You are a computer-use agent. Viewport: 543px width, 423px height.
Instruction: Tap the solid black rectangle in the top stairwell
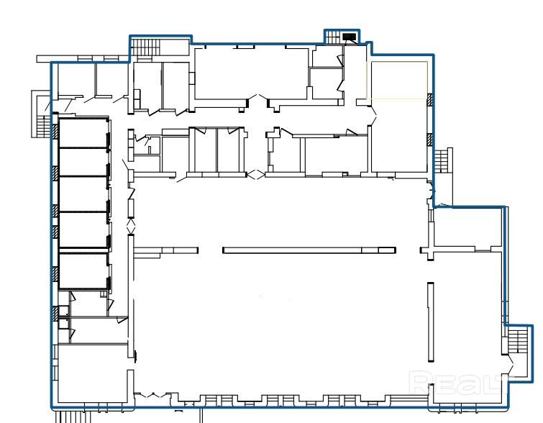[x=350, y=37]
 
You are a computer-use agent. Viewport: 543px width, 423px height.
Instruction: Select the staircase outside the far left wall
[x=44, y=126]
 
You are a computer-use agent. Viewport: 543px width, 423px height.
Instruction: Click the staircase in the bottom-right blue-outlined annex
[x=518, y=341]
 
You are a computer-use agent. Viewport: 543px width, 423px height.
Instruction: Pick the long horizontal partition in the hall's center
[x=309, y=250]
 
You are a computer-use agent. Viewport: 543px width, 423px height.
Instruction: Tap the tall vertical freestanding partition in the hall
[x=431, y=322]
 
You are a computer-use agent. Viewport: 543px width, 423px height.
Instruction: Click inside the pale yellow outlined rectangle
[x=397, y=80]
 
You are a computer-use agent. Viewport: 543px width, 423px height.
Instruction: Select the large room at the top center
[x=252, y=74]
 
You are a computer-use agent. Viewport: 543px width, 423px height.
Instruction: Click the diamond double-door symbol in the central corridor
[x=255, y=174]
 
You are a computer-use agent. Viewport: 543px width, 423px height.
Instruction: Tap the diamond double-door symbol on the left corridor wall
[x=131, y=226]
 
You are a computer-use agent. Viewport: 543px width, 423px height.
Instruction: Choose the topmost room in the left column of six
[x=83, y=133]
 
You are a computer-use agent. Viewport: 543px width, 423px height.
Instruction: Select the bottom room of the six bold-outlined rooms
[x=83, y=271]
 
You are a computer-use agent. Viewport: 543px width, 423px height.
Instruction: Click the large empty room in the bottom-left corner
[x=93, y=373]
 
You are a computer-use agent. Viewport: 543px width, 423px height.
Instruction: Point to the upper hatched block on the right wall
[x=430, y=99]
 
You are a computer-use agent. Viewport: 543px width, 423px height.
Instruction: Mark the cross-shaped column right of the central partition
[x=430, y=250]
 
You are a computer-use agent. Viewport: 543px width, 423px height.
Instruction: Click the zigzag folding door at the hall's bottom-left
[x=152, y=394]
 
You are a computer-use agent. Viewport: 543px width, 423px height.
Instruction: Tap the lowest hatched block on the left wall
[x=55, y=314]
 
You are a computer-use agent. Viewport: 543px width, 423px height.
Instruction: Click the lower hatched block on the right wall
[x=430, y=140]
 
